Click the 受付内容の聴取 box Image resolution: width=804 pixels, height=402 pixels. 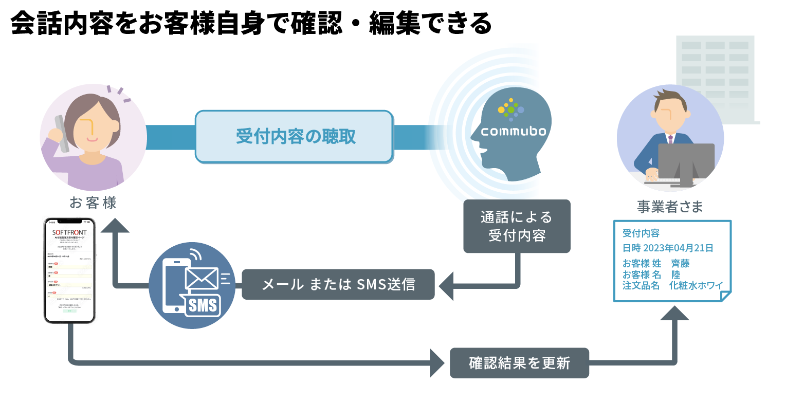294,137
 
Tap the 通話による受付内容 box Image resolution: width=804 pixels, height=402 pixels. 517,226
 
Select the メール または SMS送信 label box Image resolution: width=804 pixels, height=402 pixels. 338,284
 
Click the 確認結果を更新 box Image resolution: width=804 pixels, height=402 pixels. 519,363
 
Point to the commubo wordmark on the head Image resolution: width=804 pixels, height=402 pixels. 513,132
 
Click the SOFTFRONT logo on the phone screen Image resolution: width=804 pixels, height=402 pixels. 70,232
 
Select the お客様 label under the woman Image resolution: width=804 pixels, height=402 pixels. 93,203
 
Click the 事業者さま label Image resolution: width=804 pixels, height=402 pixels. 670,207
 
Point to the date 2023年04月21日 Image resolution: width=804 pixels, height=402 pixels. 679,248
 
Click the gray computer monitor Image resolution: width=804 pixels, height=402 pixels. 686,161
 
